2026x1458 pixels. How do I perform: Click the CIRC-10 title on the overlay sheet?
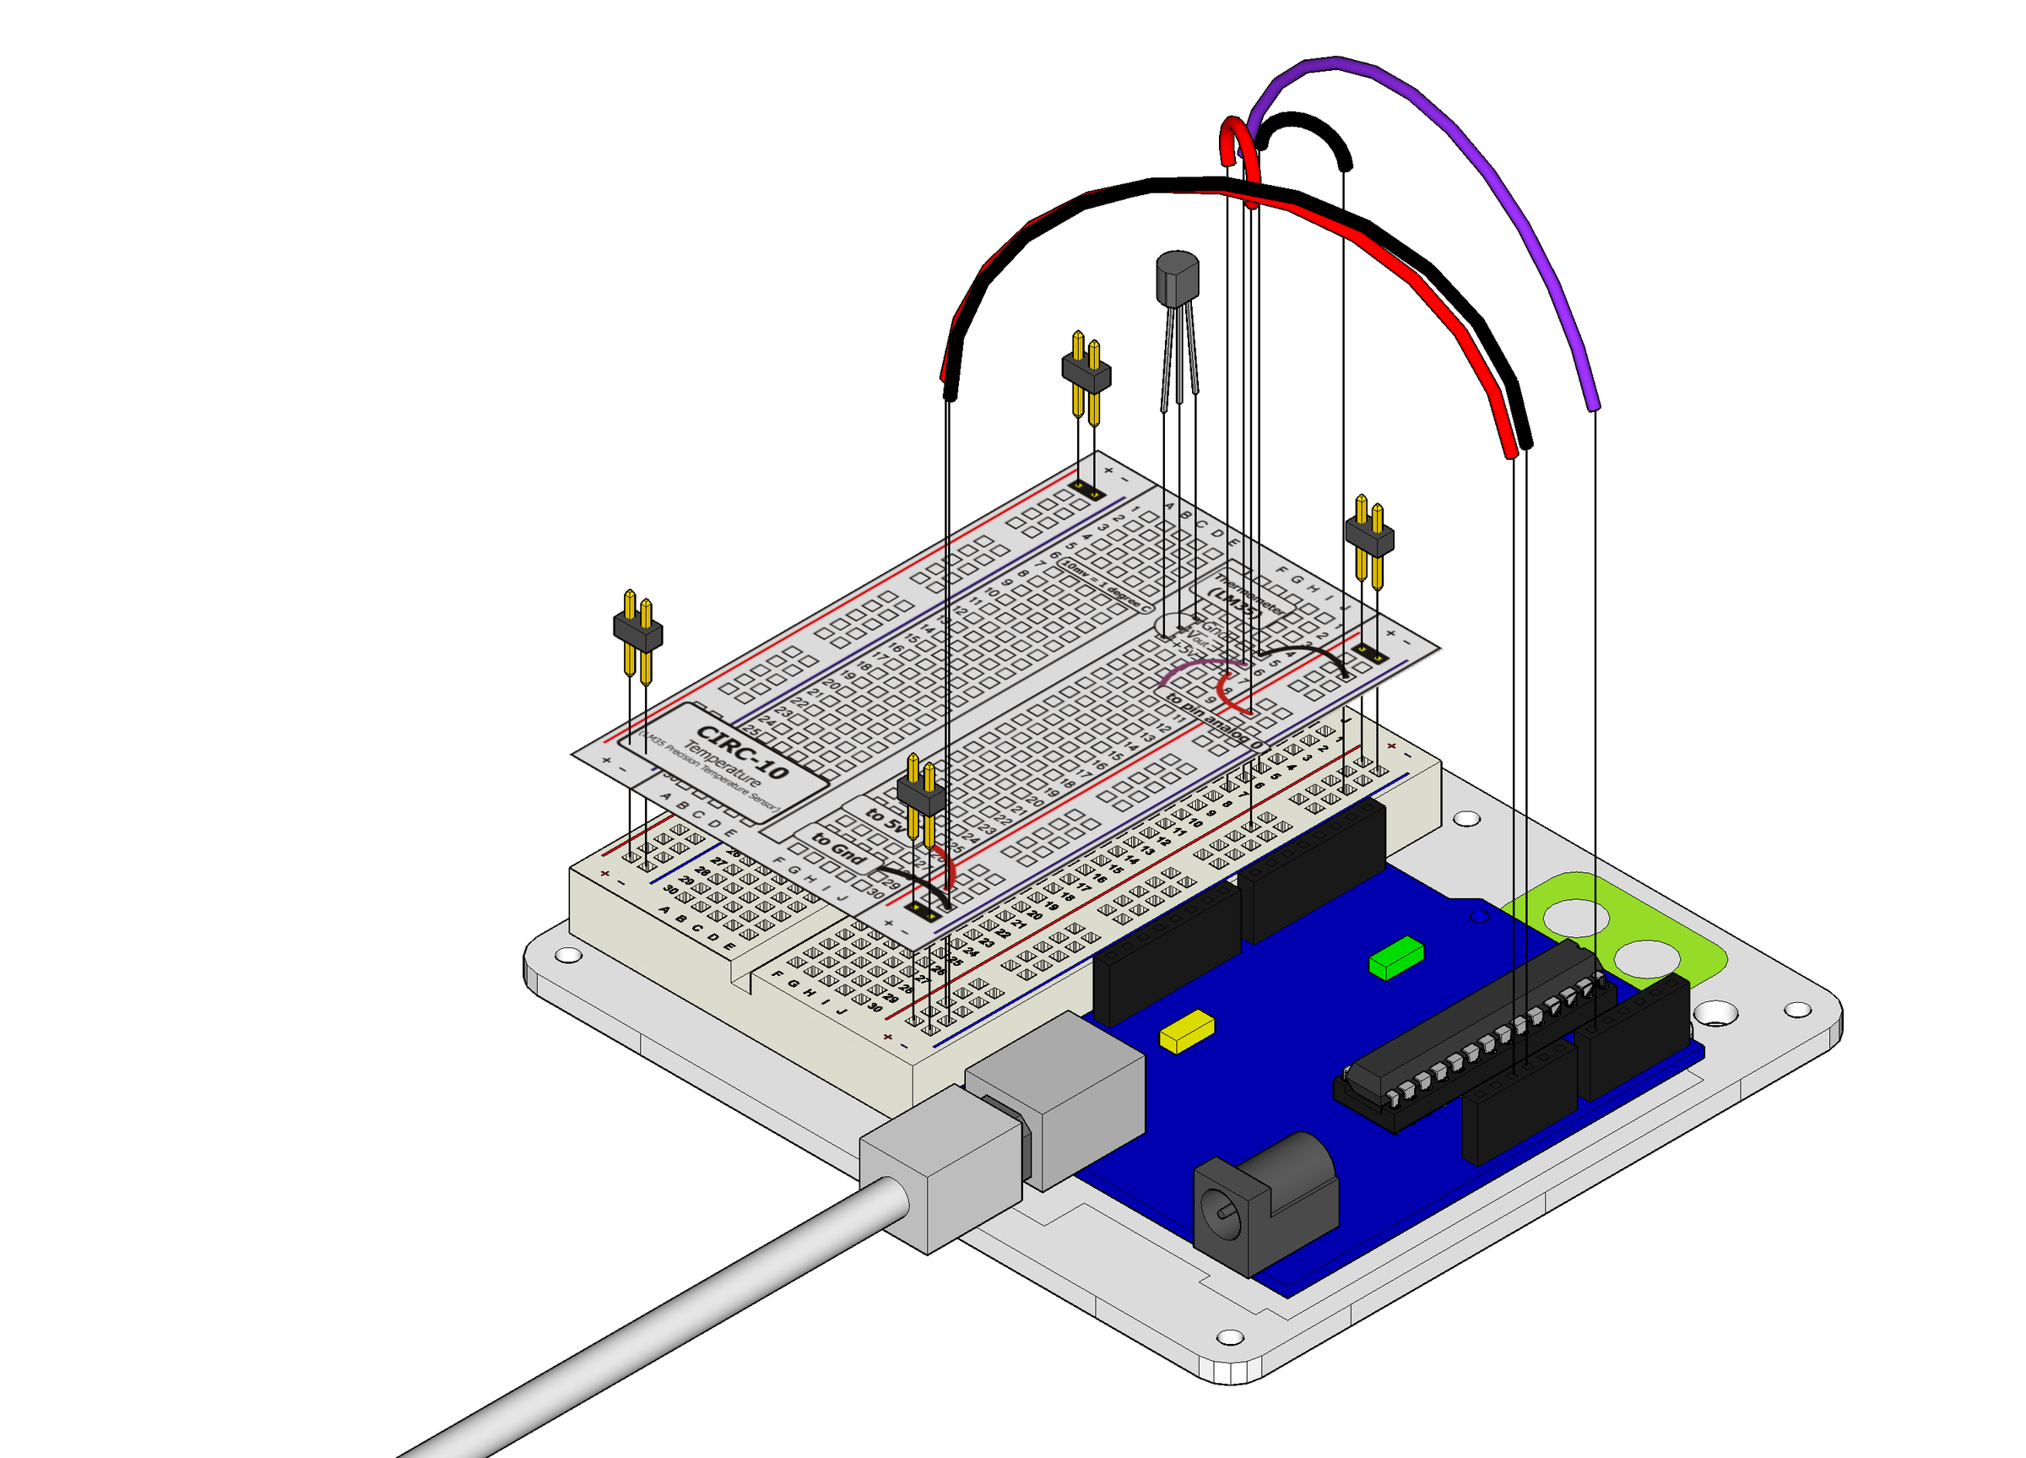pos(741,751)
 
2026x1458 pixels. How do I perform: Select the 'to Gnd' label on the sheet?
pos(838,848)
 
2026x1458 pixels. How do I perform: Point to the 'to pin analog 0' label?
pos(1215,720)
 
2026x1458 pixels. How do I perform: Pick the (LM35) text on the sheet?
pos(1233,603)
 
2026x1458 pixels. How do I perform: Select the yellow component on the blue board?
pos(1186,1031)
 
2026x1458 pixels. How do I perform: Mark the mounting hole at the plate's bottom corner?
pos(1230,1337)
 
